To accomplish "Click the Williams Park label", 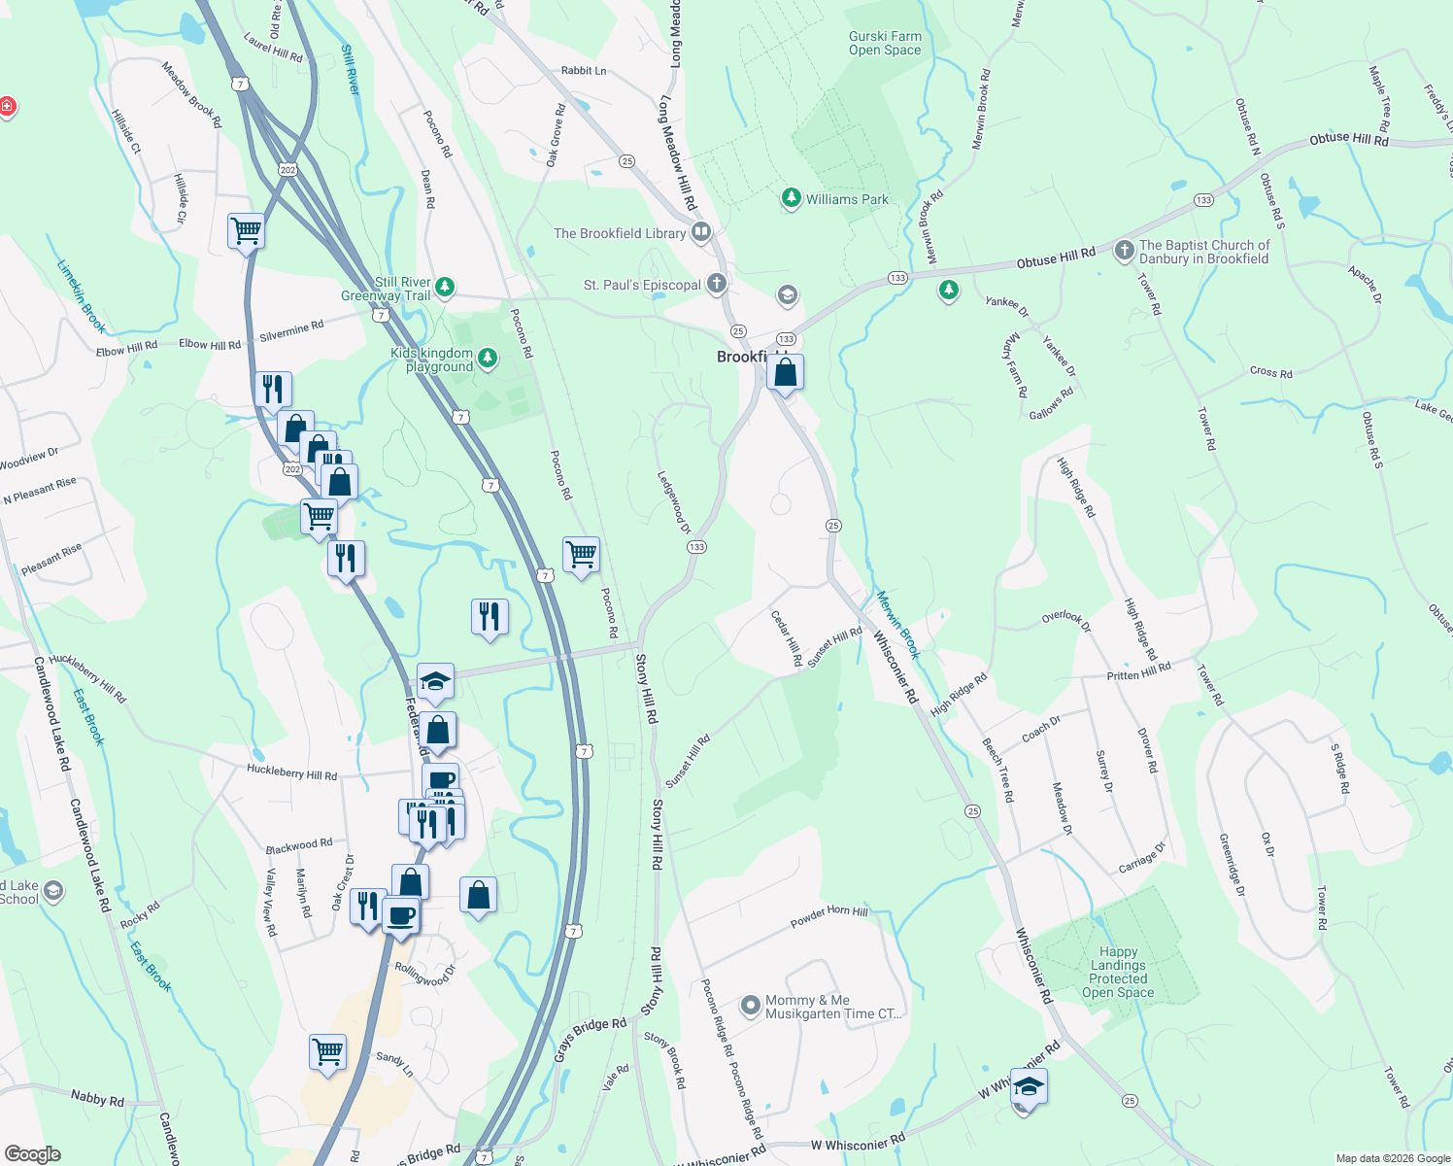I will (x=846, y=199).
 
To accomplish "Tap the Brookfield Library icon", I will (x=701, y=233).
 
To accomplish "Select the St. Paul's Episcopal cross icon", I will (x=716, y=284).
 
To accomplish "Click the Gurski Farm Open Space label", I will (x=884, y=44).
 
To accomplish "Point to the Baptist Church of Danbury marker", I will (x=1124, y=252).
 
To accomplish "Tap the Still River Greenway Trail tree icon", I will (x=445, y=287).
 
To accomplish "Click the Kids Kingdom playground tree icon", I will (x=488, y=360).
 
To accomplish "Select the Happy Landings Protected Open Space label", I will (x=1118, y=973).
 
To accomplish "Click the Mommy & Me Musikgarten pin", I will (x=751, y=1006).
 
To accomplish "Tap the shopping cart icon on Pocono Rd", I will (x=581, y=555).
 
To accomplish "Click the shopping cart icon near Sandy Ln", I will (x=327, y=1051).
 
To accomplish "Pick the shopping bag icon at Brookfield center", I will (x=785, y=372).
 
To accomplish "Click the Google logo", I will (x=33, y=1154).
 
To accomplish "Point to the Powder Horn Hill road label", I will (x=828, y=915).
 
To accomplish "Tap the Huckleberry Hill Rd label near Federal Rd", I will (x=291, y=773).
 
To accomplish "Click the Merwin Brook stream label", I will (x=897, y=625).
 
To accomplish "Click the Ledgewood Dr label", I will (x=674, y=502).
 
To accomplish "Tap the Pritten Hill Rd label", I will (x=1138, y=671).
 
